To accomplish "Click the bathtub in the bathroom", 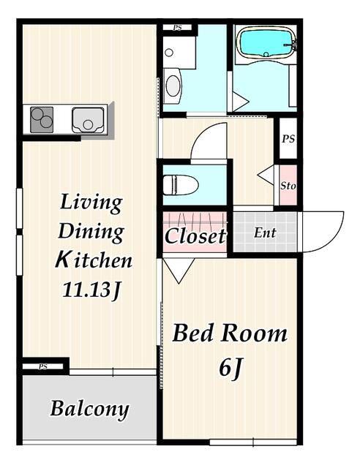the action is coord(266,43).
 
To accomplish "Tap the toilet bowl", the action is coord(181,185).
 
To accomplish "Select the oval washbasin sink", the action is coord(173,86).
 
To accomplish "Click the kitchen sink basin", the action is coord(88,120).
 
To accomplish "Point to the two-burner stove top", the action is coord(42,120).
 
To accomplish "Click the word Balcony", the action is coord(89,409).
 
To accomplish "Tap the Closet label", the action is coord(195,235).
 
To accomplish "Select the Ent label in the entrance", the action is coord(265,233).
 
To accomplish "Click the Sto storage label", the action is coord(288,186).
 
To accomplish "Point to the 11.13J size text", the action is coord(91,290).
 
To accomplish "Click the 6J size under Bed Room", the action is coord(230,369).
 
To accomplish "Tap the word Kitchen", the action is coord(94,260).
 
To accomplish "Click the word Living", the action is coord(91,203).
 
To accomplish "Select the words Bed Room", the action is coord(230,333).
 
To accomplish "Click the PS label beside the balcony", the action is coord(42,366).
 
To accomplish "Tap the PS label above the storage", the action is coord(288,139).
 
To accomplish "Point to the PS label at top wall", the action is coord(178,28).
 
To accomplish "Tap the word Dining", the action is coord(91,232).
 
